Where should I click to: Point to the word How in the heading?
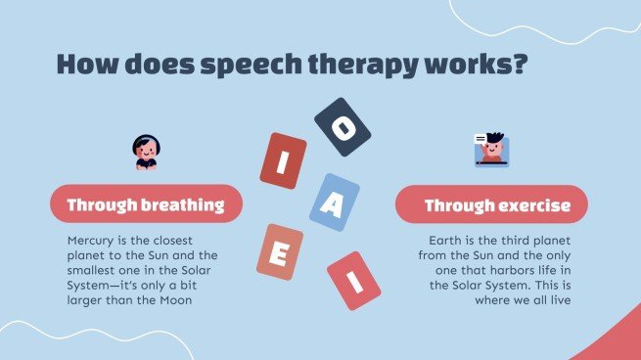[x=84, y=66]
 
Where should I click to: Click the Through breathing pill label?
[x=145, y=204]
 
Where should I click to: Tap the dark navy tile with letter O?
[x=342, y=127]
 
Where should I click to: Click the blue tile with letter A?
[x=334, y=202]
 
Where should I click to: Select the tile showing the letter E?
[x=279, y=252]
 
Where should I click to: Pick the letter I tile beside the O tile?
[x=283, y=160]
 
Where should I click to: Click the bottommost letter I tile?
[x=353, y=280]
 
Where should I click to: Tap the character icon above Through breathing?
[x=146, y=151]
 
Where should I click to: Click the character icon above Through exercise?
[x=494, y=150]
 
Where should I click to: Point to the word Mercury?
[x=96, y=240]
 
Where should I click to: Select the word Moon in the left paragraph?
[x=199, y=300]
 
